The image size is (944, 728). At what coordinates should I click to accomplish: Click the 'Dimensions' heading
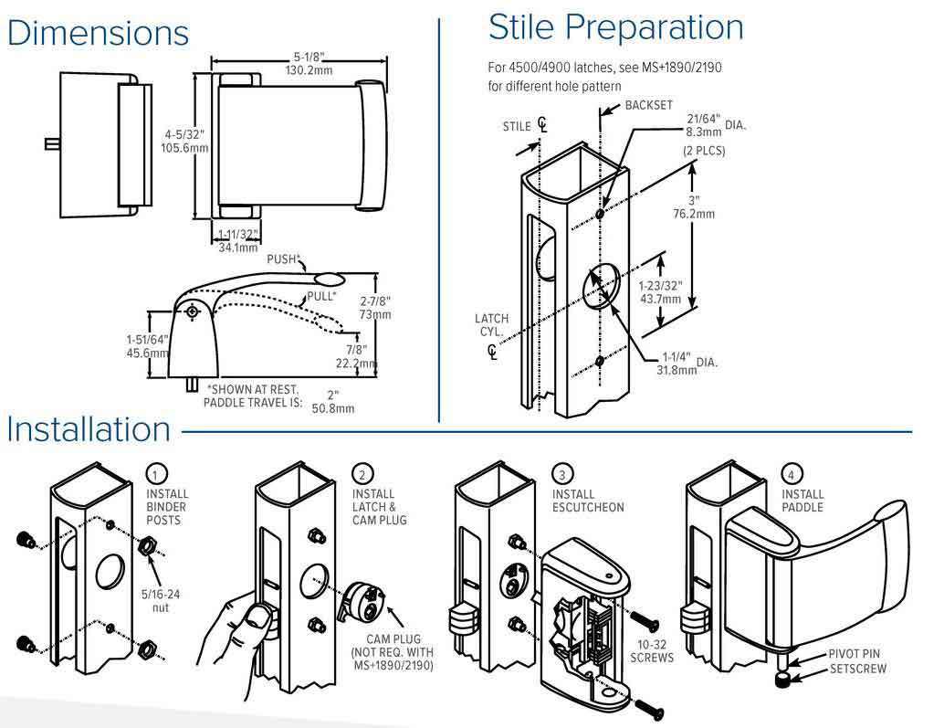point(98,33)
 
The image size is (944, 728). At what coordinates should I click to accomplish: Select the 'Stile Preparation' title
point(616,26)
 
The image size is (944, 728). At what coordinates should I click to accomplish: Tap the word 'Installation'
point(89,429)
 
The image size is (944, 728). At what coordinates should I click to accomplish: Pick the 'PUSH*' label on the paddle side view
point(282,259)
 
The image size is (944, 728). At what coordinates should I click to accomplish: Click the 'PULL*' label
point(320,297)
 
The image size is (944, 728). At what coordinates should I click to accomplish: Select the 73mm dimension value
point(375,313)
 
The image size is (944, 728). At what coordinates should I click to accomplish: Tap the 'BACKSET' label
point(649,106)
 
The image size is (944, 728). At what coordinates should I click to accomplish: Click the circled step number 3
point(563,475)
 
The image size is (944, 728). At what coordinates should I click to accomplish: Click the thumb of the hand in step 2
point(259,620)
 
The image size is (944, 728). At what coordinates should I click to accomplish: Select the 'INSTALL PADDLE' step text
point(802,501)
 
